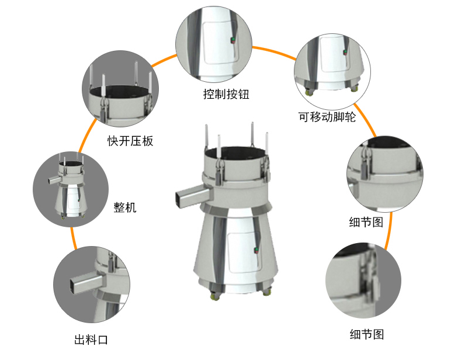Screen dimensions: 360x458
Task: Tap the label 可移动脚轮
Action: point(327,116)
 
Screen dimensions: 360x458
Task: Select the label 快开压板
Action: point(130,141)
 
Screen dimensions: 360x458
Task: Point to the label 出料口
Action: point(91,340)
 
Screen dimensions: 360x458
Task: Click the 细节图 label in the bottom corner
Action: point(367,334)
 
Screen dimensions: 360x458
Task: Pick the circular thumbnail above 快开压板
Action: point(122,89)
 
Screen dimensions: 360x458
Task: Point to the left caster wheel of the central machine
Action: point(214,294)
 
